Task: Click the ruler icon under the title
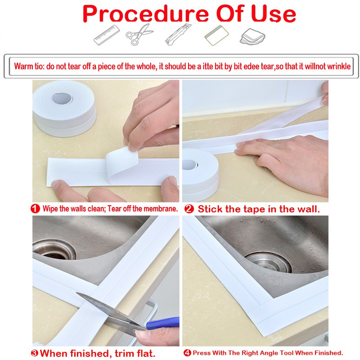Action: point(107,35)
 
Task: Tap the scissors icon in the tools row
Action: point(139,35)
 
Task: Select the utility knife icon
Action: point(178,35)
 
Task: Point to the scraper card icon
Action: point(216,35)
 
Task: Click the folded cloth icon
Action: point(252,36)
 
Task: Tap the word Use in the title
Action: point(274,14)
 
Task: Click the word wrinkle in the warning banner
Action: point(339,66)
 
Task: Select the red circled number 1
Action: point(35,209)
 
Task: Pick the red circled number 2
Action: point(189,209)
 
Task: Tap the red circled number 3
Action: point(35,353)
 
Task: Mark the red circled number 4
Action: point(187,353)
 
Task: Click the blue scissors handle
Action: point(162,323)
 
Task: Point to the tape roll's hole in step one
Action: point(62,98)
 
